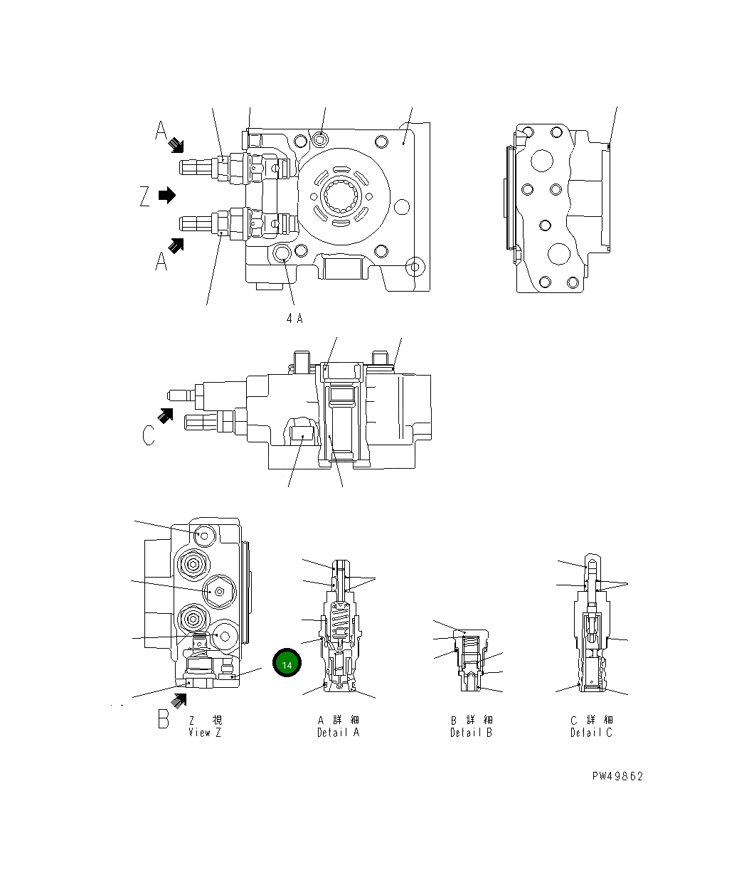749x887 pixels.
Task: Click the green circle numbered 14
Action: coord(287,664)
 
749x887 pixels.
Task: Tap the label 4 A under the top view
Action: coord(294,319)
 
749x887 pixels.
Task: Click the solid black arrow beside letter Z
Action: coord(166,195)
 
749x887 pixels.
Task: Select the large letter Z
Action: coord(145,196)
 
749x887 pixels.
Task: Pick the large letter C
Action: coord(148,435)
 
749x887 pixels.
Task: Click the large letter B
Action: coord(164,719)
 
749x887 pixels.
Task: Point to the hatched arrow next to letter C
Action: coord(166,415)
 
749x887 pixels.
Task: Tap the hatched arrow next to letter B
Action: coord(177,700)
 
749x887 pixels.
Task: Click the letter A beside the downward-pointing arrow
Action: coord(161,130)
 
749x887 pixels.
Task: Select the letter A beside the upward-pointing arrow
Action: coord(161,262)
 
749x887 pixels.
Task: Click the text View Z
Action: coord(205,733)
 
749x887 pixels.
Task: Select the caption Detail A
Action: coord(338,733)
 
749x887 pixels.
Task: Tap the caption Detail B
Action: coord(471,733)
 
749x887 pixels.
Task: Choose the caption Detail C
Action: coord(590,733)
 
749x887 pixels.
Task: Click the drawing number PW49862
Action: coord(617,776)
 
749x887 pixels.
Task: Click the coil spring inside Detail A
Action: coord(341,623)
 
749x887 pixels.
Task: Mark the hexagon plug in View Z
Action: coord(217,591)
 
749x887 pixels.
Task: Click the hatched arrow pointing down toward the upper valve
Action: coord(176,146)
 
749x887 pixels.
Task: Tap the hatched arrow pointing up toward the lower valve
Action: coord(176,245)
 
